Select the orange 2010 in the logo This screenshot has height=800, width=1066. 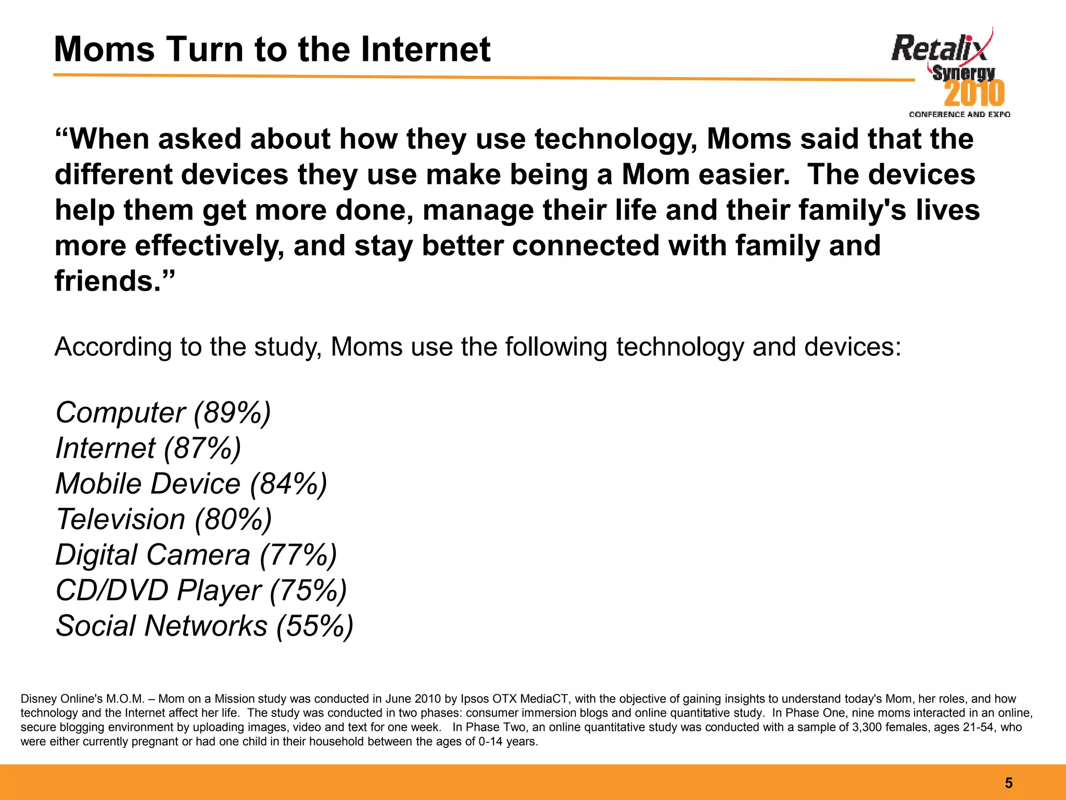coord(974,94)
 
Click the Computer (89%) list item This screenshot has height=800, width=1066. coord(163,413)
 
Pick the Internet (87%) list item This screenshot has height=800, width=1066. coord(148,448)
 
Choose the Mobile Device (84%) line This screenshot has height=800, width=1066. coord(191,484)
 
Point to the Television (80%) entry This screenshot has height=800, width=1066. coord(163,519)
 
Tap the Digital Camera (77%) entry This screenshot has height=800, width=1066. coord(196,555)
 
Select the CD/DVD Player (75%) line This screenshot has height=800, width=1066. coord(201,591)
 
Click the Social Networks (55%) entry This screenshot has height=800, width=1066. coord(204,626)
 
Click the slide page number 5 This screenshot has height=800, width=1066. coord(1008,783)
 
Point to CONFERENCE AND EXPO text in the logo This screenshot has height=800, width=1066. coord(959,115)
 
